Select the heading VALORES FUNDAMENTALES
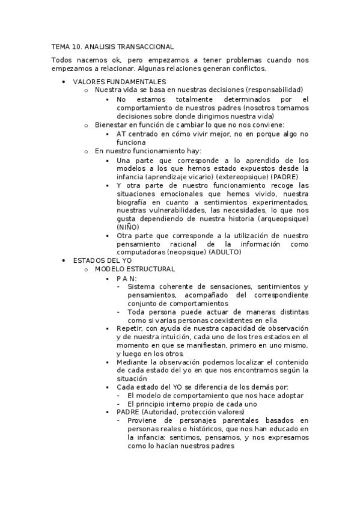pos(120,81)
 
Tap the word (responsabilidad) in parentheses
pos(274,90)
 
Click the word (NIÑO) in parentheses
pos(127,227)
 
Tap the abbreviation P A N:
pos(126,278)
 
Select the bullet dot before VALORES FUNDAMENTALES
pos(64,81)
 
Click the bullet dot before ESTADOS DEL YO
pos(64,261)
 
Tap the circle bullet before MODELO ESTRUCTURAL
pos(87,269)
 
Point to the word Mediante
pos(133,362)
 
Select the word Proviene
pos(144,420)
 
